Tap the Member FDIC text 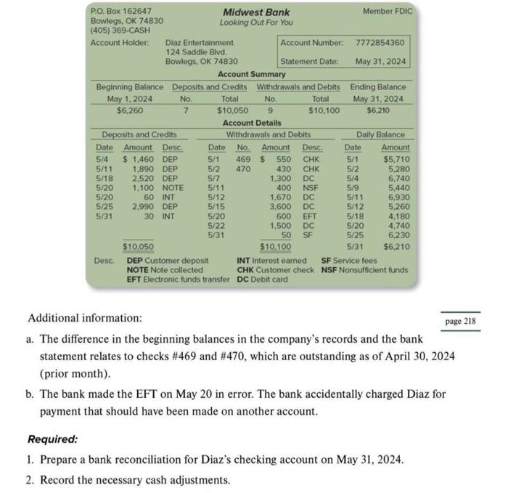click(x=386, y=12)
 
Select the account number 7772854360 click(x=381, y=43)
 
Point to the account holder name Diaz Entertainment click(x=200, y=43)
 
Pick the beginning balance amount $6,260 click(x=130, y=110)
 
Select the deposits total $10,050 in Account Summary click(x=232, y=110)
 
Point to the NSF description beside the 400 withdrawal click(x=311, y=187)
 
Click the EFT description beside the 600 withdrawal click(x=311, y=215)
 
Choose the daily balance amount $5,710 click(x=396, y=158)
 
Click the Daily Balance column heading click(x=380, y=134)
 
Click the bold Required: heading click(x=53, y=439)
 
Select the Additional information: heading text click(x=85, y=318)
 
